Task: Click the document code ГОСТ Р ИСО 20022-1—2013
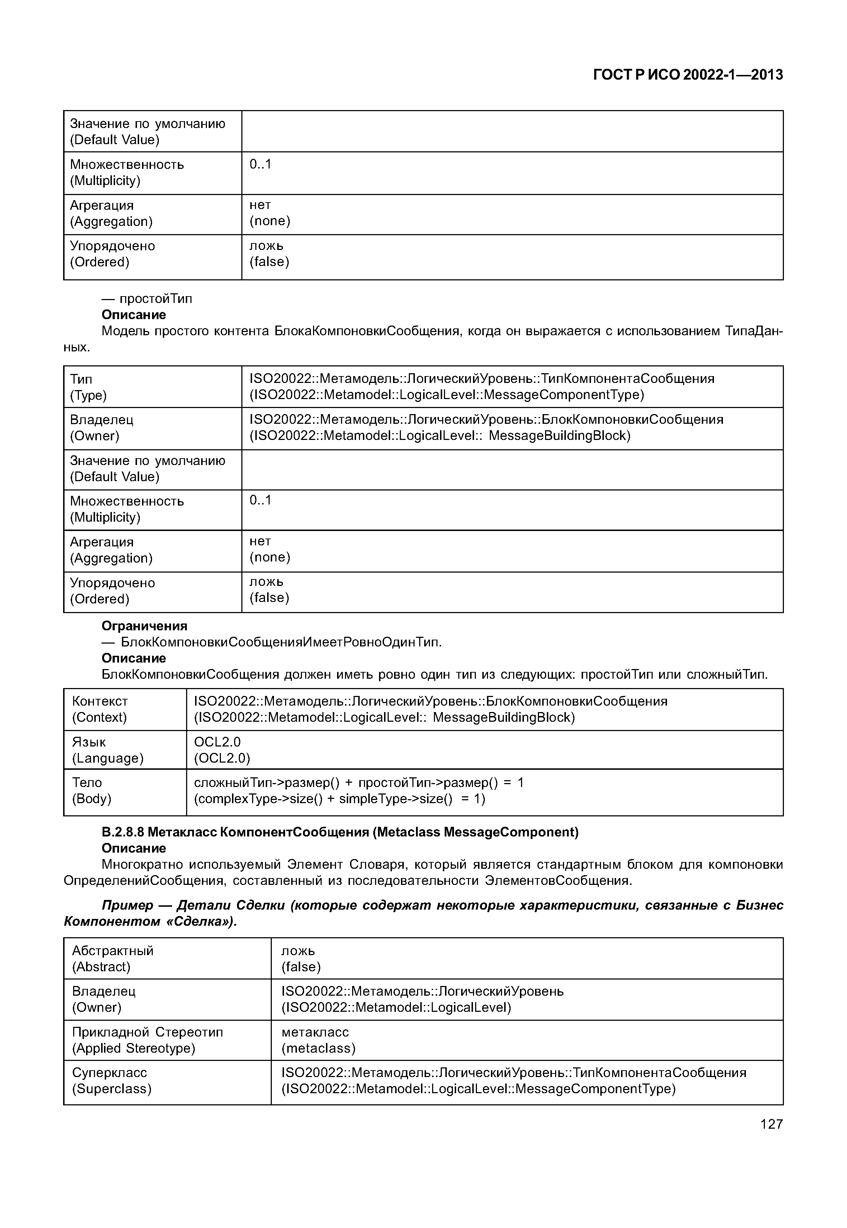(x=687, y=75)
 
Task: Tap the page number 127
(x=771, y=1124)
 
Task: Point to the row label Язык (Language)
(x=108, y=749)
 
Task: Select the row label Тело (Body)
(x=92, y=790)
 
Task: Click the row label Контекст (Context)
(x=100, y=709)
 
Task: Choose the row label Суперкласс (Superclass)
(x=112, y=1081)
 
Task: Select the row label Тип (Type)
(x=88, y=387)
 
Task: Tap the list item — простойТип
(x=147, y=299)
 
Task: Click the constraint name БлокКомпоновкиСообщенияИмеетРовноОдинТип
(x=281, y=642)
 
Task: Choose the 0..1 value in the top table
(x=260, y=165)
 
